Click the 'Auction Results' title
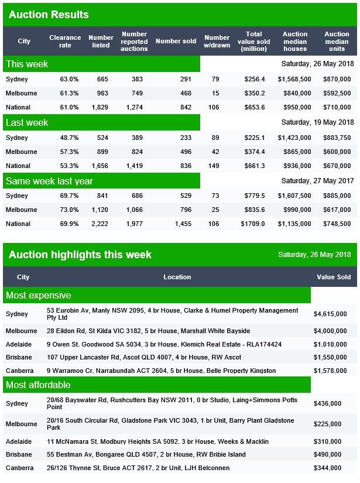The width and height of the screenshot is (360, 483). coord(49,14)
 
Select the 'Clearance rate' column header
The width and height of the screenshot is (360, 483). coord(65,42)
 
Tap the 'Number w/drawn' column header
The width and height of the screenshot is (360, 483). coord(217,42)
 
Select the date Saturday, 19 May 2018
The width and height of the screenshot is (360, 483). coord(317,123)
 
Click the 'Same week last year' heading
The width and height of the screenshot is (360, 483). coord(49,181)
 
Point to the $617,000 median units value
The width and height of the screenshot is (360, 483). coord(337,210)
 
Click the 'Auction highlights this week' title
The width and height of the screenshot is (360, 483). coord(80,255)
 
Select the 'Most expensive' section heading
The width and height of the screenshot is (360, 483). coord(38,295)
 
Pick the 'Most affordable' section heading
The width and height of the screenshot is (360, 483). coord(38,385)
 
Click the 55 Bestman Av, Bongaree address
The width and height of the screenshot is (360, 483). coord(146,454)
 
